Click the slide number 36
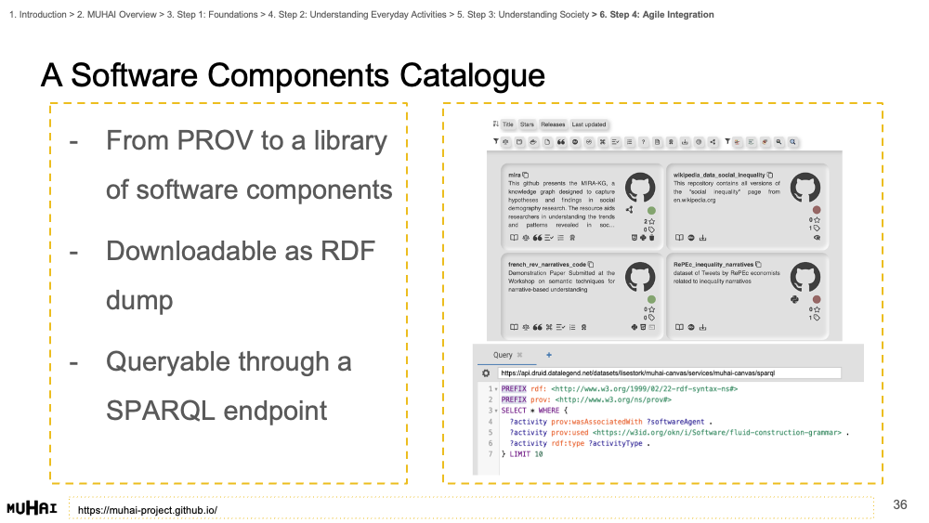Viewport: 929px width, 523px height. click(x=899, y=504)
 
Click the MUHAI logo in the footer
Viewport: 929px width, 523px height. click(x=33, y=508)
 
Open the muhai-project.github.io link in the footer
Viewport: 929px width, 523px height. click(x=148, y=510)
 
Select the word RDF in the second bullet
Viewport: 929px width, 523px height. click(x=347, y=251)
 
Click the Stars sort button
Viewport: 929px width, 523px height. click(x=527, y=124)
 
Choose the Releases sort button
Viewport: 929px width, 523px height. click(x=552, y=124)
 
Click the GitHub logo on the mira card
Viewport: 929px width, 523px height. click(x=639, y=188)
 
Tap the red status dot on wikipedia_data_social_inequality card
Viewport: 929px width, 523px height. click(x=817, y=211)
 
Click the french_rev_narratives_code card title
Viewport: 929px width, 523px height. click(x=547, y=264)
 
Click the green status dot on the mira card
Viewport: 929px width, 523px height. click(x=651, y=211)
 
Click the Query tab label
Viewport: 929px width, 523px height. click(x=503, y=355)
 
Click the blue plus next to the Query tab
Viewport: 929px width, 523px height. click(x=548, y=355)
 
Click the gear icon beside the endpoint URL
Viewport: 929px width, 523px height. click(x=485, y=373)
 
